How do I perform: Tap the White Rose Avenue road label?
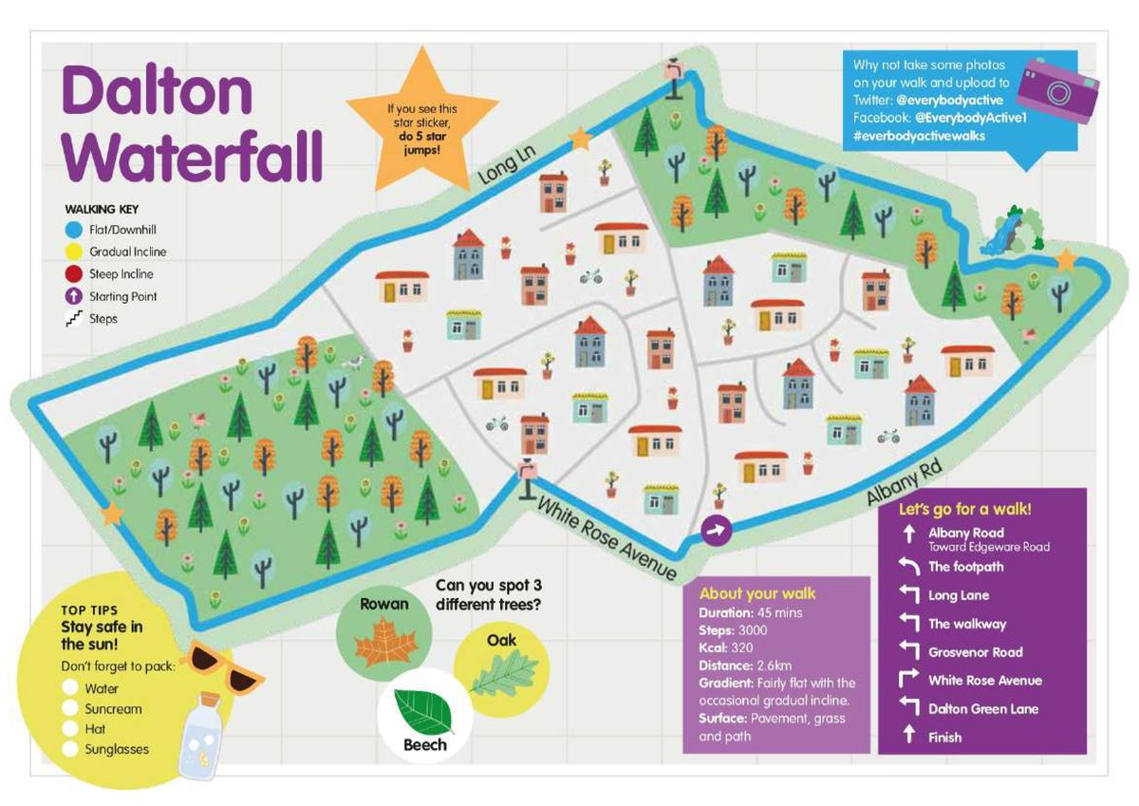pyautogui.click(x=607, y=538)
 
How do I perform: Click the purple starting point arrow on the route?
pyautogui.click(x=716, y=531)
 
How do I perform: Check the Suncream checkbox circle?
pyautogui.click(x=69, y=709)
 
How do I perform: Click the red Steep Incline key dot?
pyautogui.click(x=73, y=274)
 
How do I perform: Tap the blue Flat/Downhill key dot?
pyautogui.click(x=73, y=229)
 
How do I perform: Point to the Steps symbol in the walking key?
pyautogui.click(x=73, y=319)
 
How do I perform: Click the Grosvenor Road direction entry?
pyautogui.click(x=975, y=652)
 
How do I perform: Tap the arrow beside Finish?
pyautogui.click(x=909, y=737)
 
